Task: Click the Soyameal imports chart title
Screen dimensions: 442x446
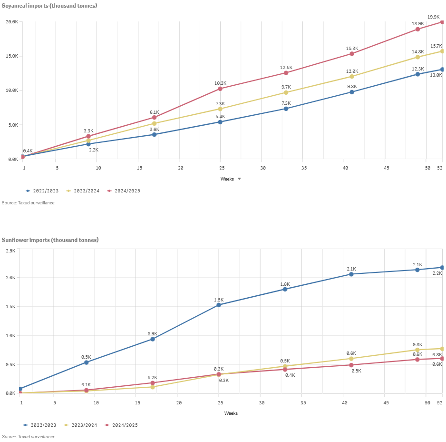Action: [x=49, y=6]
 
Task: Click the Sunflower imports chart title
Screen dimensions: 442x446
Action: [x=50, y=240]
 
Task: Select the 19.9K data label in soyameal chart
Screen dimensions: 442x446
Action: [x=433, y=17]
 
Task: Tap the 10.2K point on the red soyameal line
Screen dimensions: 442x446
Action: [x=220, y=89]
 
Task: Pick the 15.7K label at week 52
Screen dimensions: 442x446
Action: [x=436, y=46]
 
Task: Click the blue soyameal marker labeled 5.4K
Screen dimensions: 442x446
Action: [x=220, y=122]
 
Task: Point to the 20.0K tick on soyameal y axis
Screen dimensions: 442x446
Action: [x=12, y=22]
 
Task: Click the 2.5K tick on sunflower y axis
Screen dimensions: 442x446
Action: [x=10, y=251]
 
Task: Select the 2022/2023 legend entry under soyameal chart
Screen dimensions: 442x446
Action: [x=42, y=191]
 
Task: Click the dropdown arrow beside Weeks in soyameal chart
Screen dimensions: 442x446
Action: [x=239, y=179]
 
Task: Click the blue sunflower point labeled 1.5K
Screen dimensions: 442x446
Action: [x=219, y=305]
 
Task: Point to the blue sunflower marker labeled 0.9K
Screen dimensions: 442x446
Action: [x=153, y=339]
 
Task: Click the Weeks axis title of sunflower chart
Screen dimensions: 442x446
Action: [x=231, y=413]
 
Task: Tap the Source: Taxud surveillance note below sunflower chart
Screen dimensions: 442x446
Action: [x=29, y=437]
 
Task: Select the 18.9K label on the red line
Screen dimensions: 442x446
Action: [x=418, y=24]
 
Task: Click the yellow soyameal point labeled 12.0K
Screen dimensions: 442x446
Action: [x=352, y=76]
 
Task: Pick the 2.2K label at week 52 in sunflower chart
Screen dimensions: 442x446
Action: [x=436, y=273]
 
